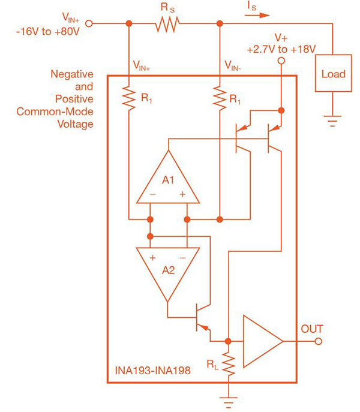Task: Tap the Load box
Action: [x=334, y=74]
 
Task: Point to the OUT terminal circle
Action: [x=318, y=341]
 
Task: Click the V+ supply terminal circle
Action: [x=280, y=61]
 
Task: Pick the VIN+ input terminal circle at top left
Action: [x=90, y=23]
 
